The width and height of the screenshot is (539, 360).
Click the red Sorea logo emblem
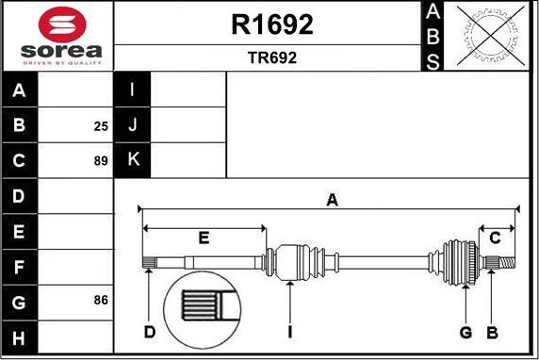pos(62,25)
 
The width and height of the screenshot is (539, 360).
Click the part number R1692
pos(272,25)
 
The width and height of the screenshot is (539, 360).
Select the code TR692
pos(272,57)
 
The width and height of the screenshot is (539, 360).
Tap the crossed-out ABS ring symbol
pos(491,36)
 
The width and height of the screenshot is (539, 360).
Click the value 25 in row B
pos(101,126)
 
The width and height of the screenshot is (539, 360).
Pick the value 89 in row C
pos(101,160)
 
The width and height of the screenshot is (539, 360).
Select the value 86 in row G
pos(101,300)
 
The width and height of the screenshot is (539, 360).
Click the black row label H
pos(19,337)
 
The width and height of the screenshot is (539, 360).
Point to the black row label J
pos(132,124)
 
